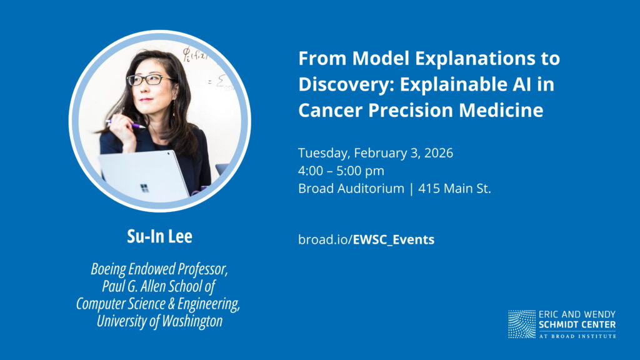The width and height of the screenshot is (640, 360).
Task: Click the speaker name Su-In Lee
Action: click(x=159, y=236)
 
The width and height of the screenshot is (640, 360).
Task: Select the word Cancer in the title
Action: click(x=330, y=110)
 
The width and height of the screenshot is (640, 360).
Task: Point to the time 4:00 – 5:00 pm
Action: click(x=341, y=171)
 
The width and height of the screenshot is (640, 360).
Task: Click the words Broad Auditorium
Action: click(x=351, y=189)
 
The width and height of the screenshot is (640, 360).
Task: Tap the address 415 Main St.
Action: click(x=455, y=189)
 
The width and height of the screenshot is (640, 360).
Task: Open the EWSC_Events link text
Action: click(x=394, y=239)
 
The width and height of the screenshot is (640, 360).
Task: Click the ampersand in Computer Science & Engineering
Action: click(x=171, y=304)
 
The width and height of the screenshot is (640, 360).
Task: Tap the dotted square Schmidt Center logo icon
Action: click(x=522, y=324)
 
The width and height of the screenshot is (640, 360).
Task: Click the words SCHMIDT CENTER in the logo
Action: click(x=577, y=325)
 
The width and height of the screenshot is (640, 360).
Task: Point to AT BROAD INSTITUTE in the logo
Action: click(x=577, y=336)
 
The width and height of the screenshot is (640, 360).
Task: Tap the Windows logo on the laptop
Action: click(x=144, y=188)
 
